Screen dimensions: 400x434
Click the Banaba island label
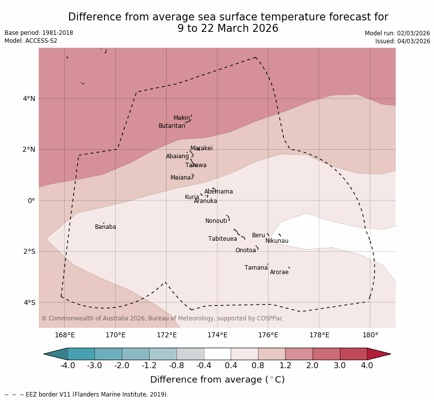pos(105,227)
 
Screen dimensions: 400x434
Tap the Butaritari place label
pos(172,126)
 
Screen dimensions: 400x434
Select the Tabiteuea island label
pos(222,239)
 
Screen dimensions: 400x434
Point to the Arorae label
pos(279,272)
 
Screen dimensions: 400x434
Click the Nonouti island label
pos(216,221)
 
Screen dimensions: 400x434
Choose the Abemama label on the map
pos(218,192)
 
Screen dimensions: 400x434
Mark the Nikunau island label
pos(276,241)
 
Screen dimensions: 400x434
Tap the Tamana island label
pos(256,268)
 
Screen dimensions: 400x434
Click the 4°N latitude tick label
pos(29,99)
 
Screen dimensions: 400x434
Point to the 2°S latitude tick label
pos(29,251)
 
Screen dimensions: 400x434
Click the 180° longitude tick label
pos(370,335)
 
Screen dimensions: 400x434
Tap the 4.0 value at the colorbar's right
pos(366,366)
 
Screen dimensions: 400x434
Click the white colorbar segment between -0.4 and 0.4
pos(217,354)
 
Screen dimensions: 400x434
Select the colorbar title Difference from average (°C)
pos(217,380)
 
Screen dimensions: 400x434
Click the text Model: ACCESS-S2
pos(31,41)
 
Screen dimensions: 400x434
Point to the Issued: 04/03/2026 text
pos(402,41)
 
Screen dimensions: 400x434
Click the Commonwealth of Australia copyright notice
pos(162,318)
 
